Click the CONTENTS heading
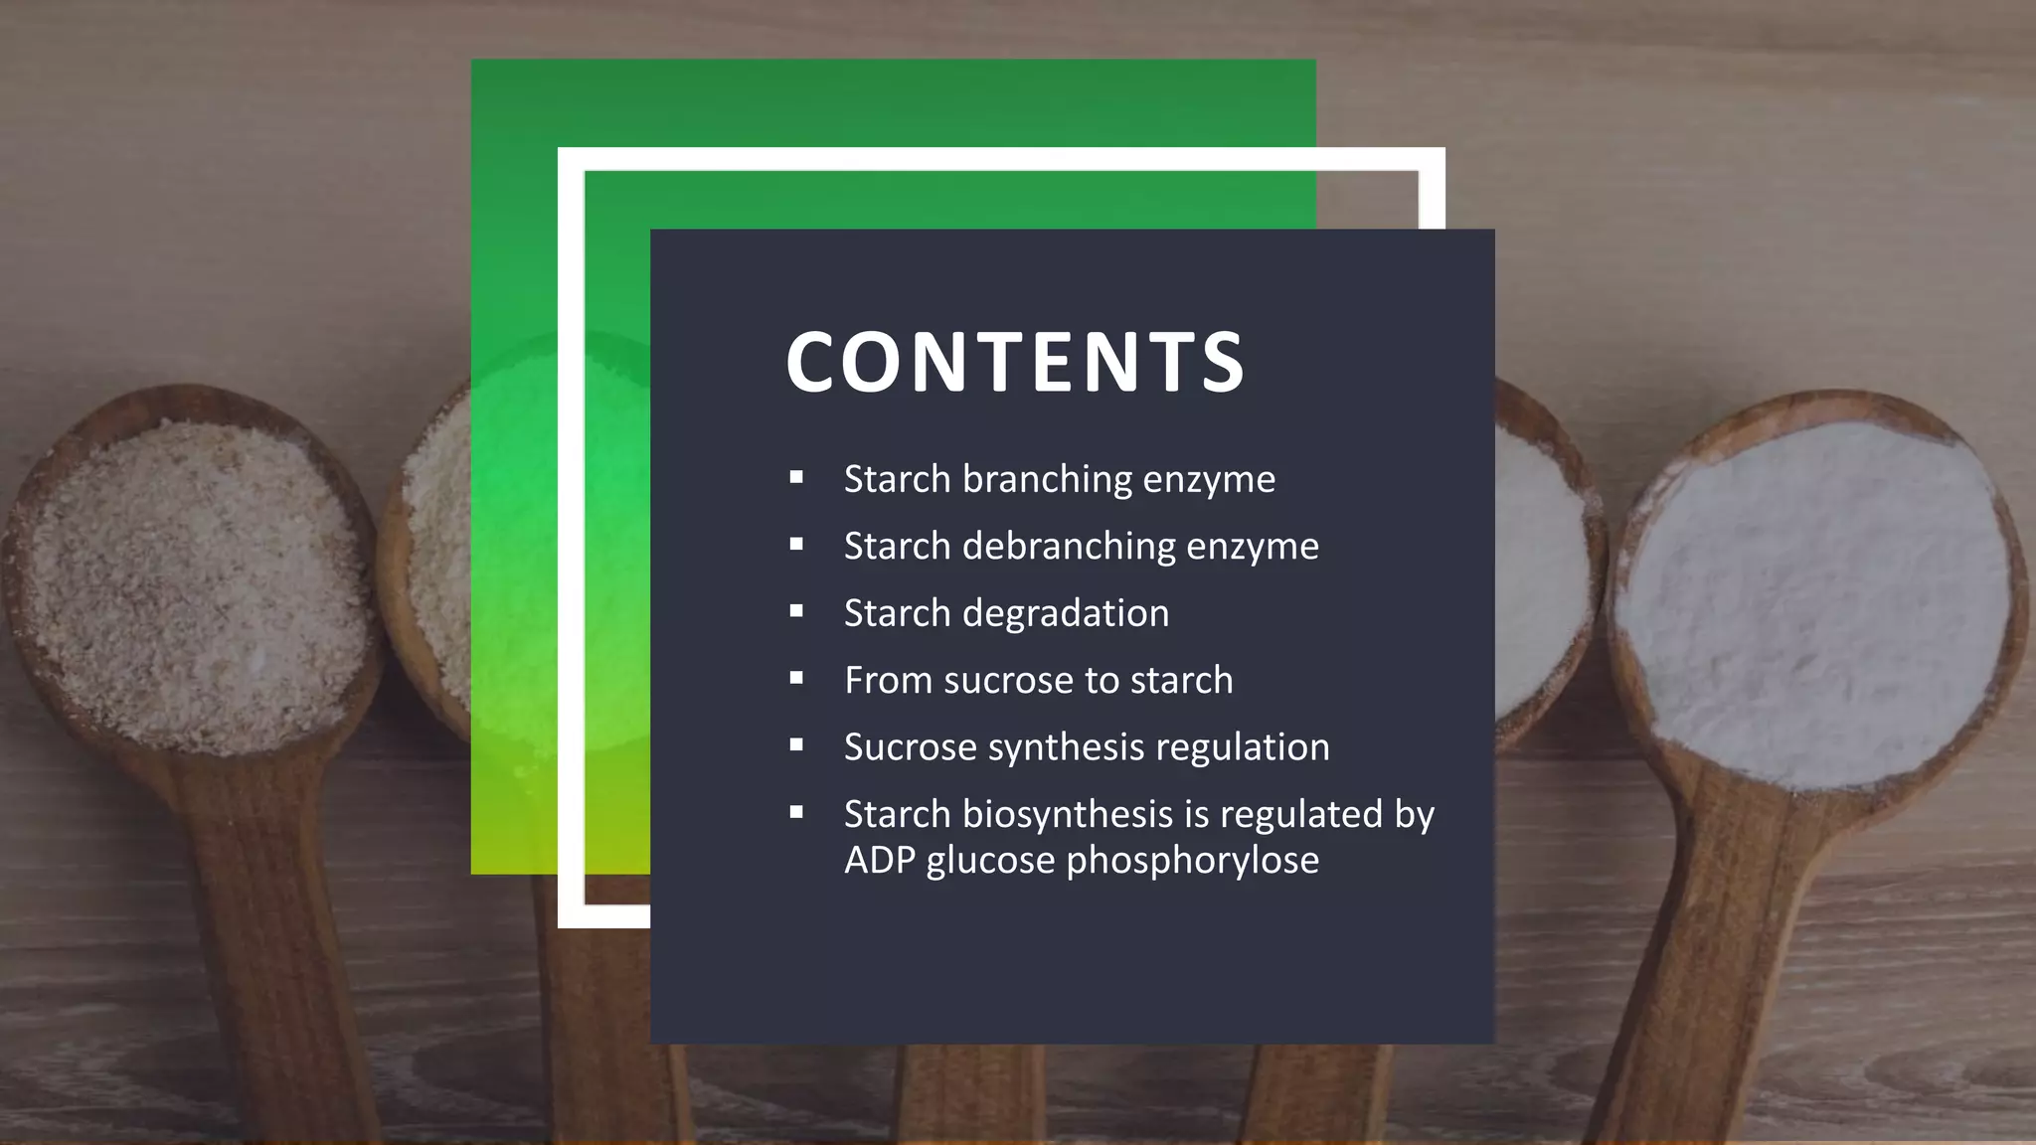tap(1015, 362)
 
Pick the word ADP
tap(879, 861)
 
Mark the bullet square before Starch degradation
tap(796, 611)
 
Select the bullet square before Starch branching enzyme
tap(796, 477)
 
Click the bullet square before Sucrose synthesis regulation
tap(796, 744)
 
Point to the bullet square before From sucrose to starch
tap(796, 678)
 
